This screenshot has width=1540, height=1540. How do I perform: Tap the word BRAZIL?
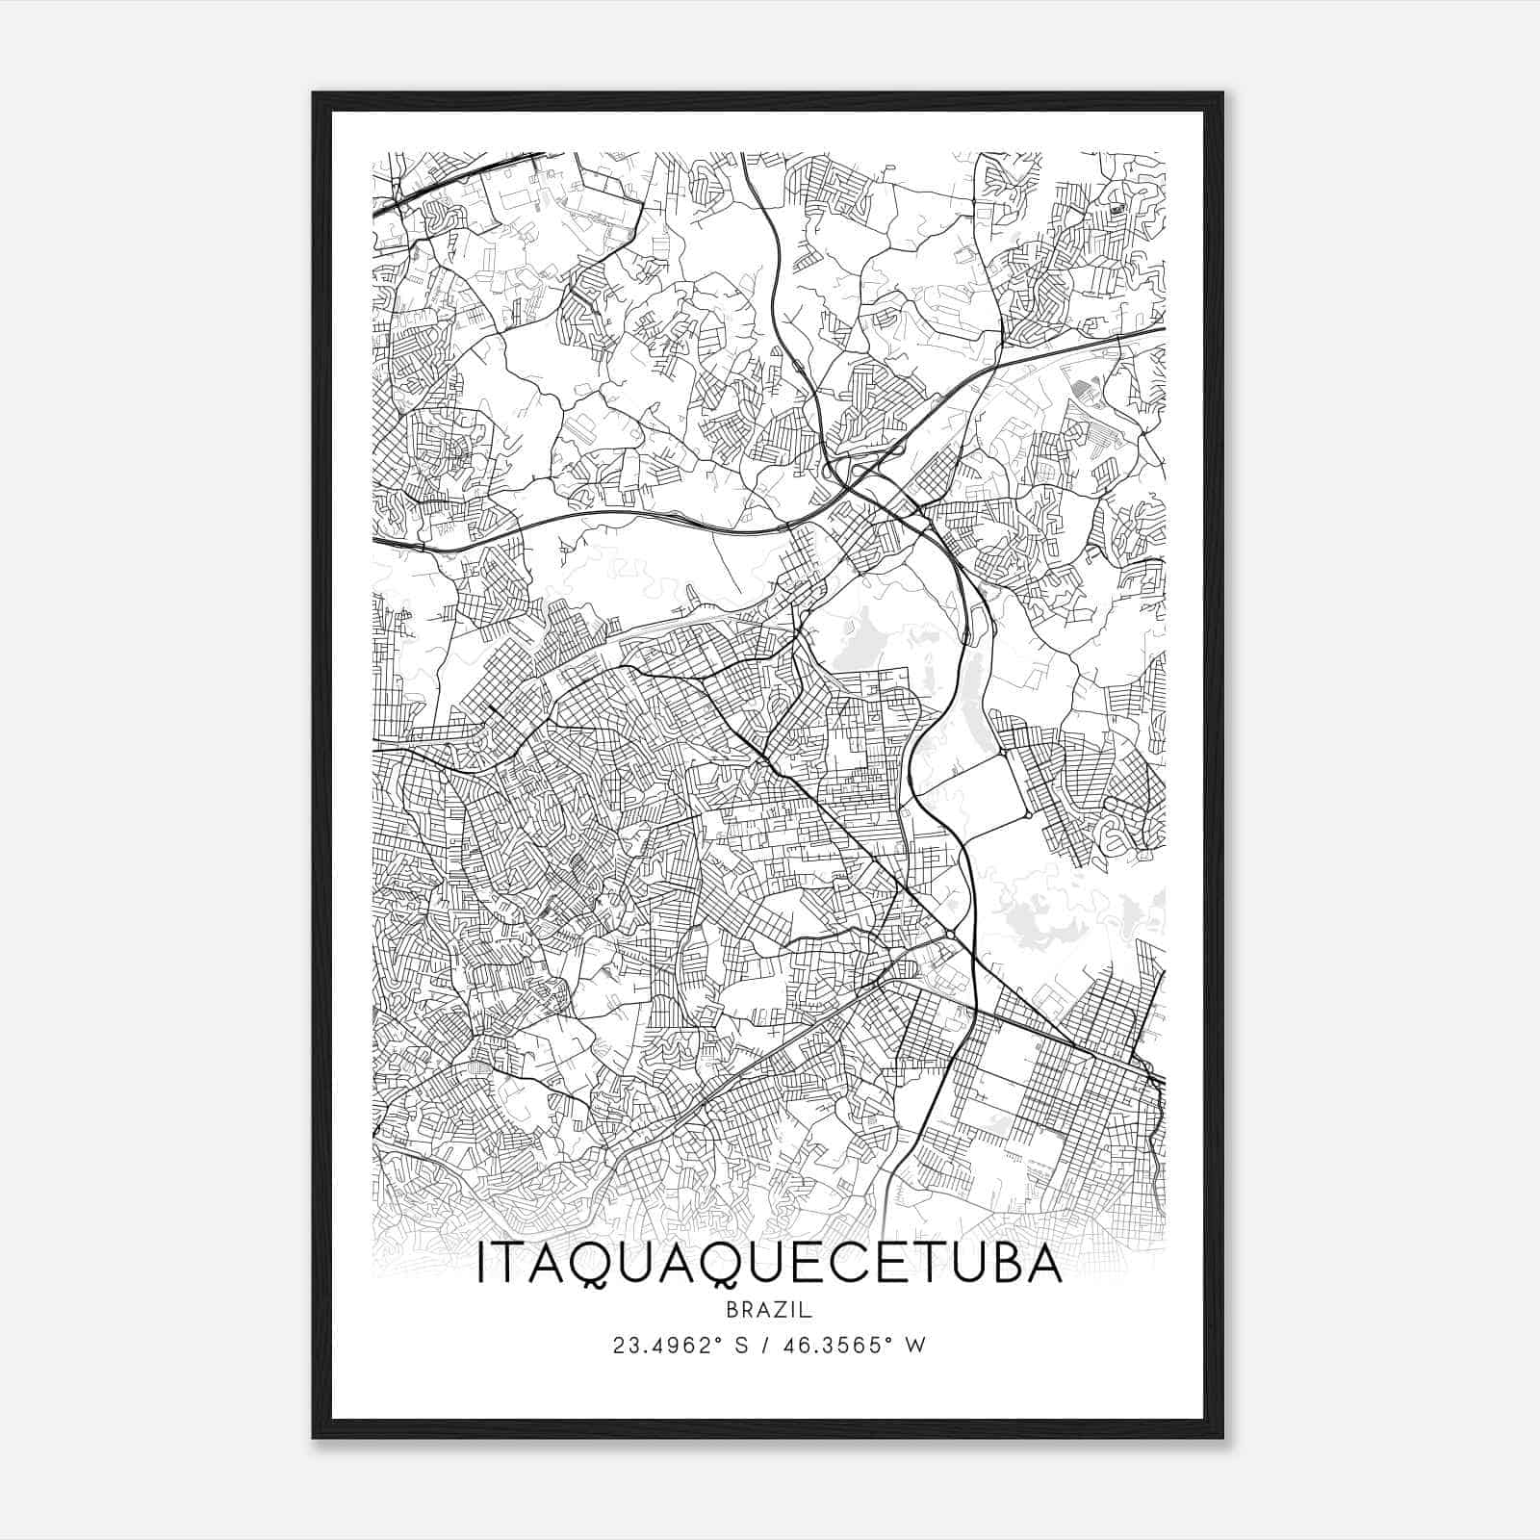click(769, 1310)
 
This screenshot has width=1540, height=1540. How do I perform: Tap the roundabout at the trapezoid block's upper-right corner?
click(1028, 815)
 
